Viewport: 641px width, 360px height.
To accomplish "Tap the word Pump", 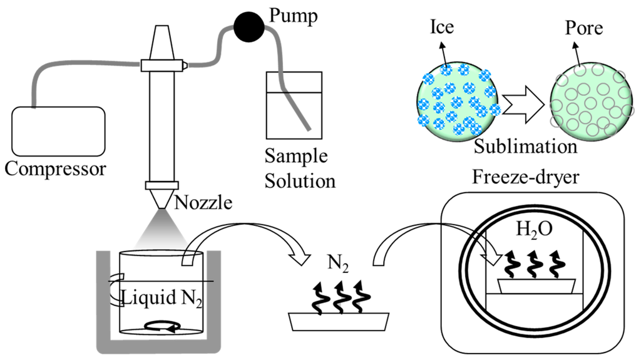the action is [x=293, y=16].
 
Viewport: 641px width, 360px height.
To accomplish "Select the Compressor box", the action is [x=58, y=131].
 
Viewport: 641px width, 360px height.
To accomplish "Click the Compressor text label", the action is [x=55, y=169].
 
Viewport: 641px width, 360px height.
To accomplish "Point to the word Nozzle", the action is [x=203, y=202].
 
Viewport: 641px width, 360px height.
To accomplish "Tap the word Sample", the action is [x=296, y=157].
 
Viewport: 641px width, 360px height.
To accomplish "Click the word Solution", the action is [x=300, y=181].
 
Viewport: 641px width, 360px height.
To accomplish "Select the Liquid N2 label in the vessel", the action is [x=162, y=298].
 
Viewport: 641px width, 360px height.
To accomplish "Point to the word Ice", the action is [x=442, y=27].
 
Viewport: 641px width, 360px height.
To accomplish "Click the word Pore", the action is [x=584, y=28].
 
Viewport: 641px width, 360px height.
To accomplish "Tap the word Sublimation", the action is [x=525, y=147].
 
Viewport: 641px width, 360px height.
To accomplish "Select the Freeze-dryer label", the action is [x=526, y=177].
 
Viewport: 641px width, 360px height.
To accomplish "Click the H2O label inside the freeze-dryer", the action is [x=535, y=230].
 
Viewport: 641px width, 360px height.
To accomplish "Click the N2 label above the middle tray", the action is [x=338, y=264].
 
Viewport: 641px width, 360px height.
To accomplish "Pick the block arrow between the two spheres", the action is [x=523, y=105].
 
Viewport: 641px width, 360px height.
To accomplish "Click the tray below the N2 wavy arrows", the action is [x=339, y=322].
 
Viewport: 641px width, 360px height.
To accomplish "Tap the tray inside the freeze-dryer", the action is [x=536, y=286].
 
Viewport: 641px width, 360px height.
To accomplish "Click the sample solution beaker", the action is [x=294, y=106].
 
